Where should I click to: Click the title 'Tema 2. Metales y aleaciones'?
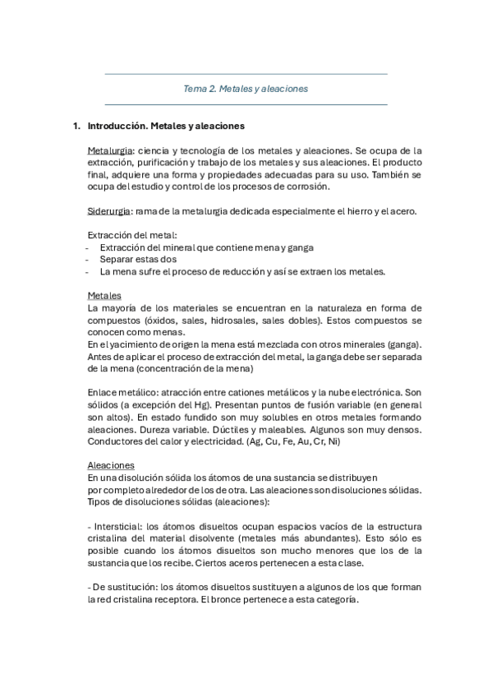tap(246, 89)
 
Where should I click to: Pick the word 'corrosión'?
tap(306, 187)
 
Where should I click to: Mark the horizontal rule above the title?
tap(246, 75)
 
